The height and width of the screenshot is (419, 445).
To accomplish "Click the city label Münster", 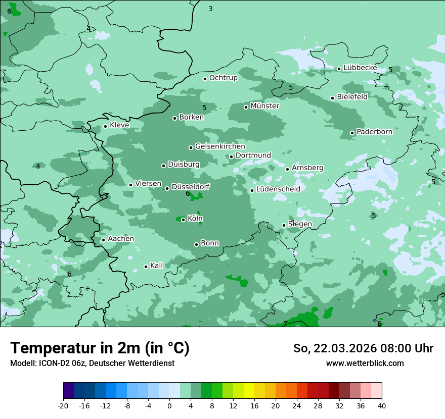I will pyautogui.click(x=264, y=106).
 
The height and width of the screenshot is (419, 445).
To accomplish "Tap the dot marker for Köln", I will pyautogui.click(x=183, y=220).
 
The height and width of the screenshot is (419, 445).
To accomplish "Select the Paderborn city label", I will pyautogui.click(x=374, y=132).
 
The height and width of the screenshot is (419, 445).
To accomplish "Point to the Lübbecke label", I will pyautogui.click(x=360, y=68).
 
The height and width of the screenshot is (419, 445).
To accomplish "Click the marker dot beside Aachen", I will pyautogui.click(x=103, y=240).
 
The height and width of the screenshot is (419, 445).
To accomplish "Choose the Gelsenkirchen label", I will pyautogui.click(x=220, y=146).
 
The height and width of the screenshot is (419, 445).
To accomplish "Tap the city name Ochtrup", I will pyautogui.click(x=223, y=78).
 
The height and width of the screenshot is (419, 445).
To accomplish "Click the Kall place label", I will pyautogui.click(x=156, y=266).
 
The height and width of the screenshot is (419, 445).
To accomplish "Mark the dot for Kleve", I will pyautogui.click(x=105, y=126).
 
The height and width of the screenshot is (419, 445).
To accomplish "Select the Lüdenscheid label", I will pyautogui.click(x=278, y=189).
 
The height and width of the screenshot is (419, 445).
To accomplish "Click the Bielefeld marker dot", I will pyautogui.click(x=332, y=98).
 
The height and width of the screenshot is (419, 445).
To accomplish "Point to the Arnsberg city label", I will pyautogui.click(x=307, y=168).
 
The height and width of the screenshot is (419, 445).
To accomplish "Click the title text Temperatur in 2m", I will pyautogui.click(x=100, y=348).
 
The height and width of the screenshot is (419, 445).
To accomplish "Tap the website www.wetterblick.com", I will pyautogui.click(x=365, y=363).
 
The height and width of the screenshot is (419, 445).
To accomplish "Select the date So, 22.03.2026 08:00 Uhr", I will pyautogui.click(x=363, y=348).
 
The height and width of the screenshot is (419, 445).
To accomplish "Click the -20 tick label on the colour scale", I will pyautogui.click(x=63, y=405).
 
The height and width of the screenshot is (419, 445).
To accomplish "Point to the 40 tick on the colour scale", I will pyautogui.click(x=381, y=405).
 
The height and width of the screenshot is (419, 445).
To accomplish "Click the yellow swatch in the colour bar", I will pyautogui.click(x=249, y=391).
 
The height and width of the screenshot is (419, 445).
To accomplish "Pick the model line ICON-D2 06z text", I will pyautogui.click(x=92, y=363).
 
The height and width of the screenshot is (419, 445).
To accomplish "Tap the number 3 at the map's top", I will pyautogui.click(x=210, y=9).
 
